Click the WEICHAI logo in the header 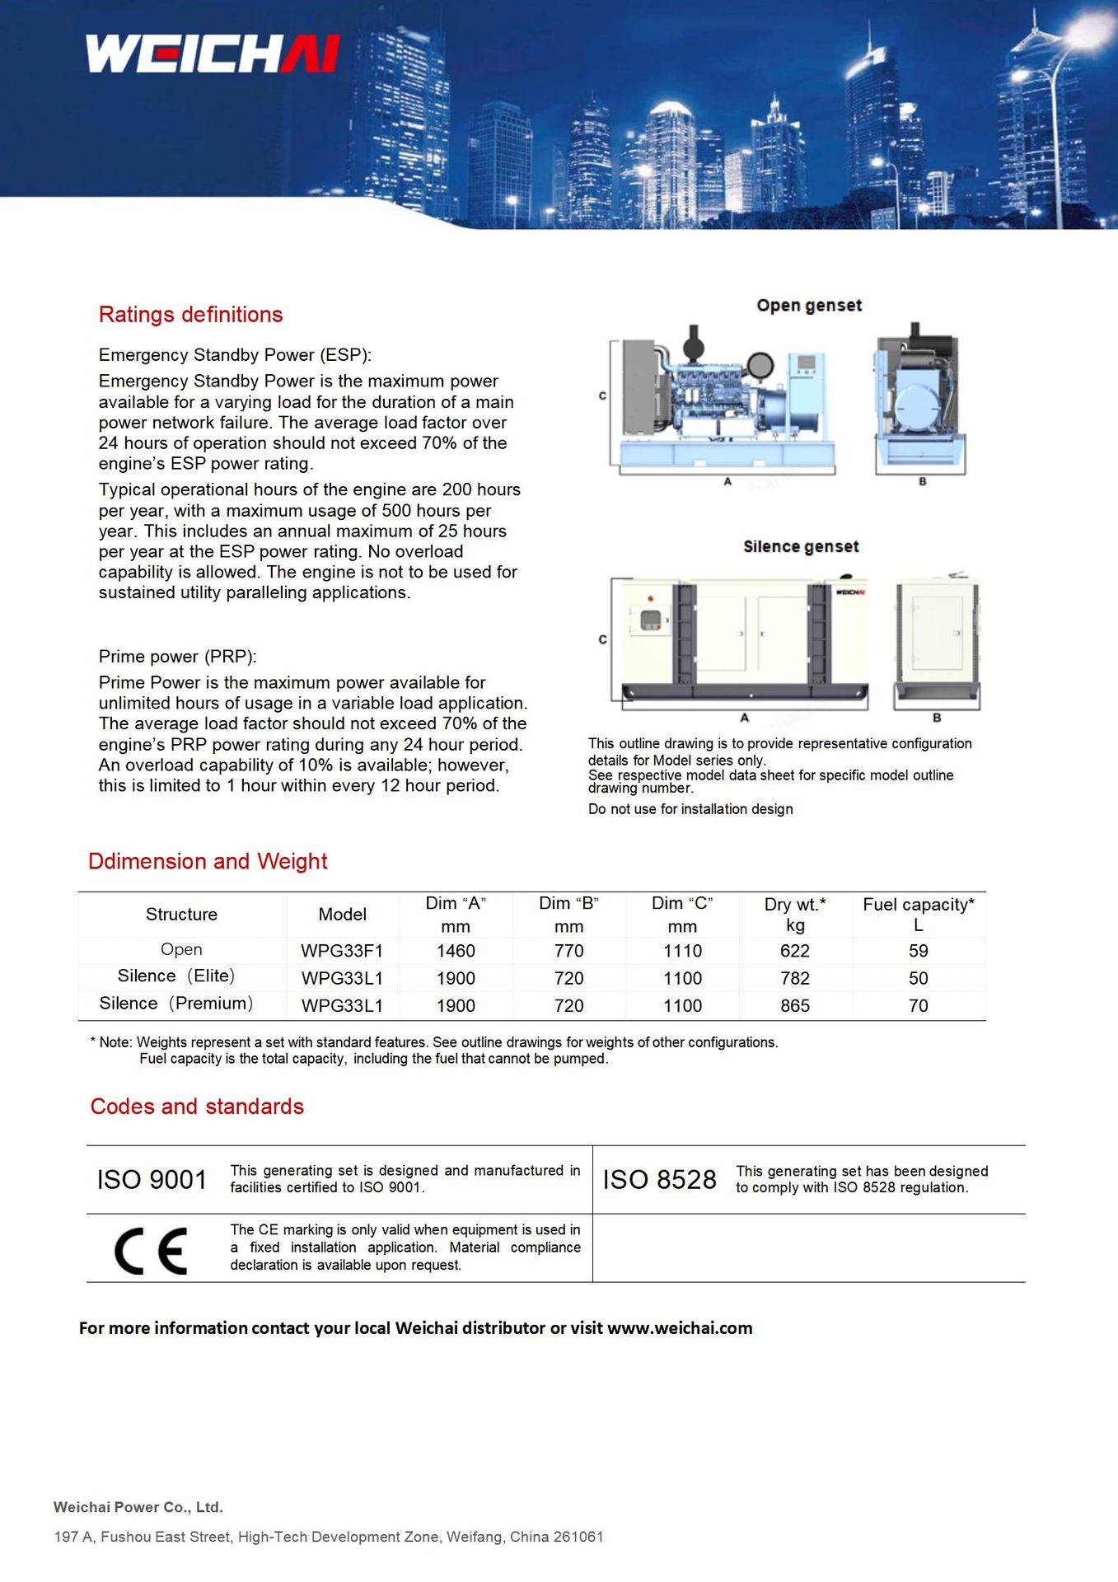(x=213, y=54)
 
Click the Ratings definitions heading (x=190, y=315)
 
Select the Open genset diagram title (x=809, y=306)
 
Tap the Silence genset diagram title (x=801, y=547)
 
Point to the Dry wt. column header (x=795, y=915)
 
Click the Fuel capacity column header (x=919, y=915)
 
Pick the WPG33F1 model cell (x=342, y=951)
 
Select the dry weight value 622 (x=795, y=951)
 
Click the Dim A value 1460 (x=456, y=951)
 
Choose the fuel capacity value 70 (x=919, y=1006)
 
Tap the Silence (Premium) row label (x=176, y=1004)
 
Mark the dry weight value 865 (x=795, y=1006)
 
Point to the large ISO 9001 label (x=152, y=1180)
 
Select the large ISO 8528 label (x=659, y=1180)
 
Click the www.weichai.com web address (x=680, y=1328)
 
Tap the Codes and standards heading (x=197, y=1107)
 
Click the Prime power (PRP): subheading (x=178, y=657)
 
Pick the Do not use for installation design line (x=690, y=809)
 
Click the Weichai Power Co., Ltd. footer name (x=138, y=1507)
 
